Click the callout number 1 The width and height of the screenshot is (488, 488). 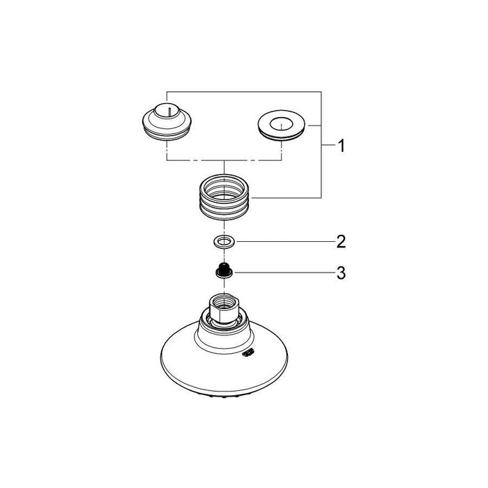pyautogui.click(x=341, y=147)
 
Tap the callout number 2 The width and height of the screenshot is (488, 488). pyautogui.click(x=341, y=243)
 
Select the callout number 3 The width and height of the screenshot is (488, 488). pyautogui.click(x=341, y=274)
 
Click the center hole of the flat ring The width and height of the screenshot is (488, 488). pyautogui.click(x=283, y=125)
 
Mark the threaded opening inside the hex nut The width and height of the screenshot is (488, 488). pyautogui.click(x=223, y=300)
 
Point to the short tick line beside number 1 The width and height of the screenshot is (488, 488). pyautogui.click(x=327, y=146)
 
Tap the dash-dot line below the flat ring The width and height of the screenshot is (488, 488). pyautogui.click(x=282, y=150)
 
